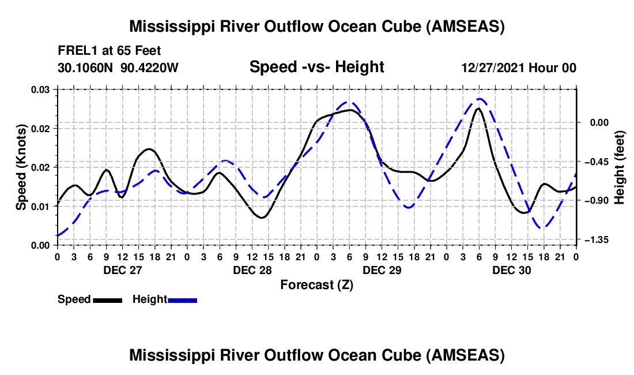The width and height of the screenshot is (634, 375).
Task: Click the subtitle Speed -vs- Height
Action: coord(316,67)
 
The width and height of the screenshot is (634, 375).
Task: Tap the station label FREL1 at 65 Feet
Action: coord(110,51)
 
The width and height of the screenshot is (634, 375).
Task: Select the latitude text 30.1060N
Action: coord(86,68)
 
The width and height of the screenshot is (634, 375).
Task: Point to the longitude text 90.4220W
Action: coord(150,68)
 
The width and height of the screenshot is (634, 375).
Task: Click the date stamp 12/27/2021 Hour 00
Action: coord(519,68)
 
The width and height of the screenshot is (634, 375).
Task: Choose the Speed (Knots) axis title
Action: coord(21,167)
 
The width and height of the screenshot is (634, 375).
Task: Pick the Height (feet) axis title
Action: coord(620,167)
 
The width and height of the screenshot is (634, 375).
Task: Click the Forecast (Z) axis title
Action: coord(316,285)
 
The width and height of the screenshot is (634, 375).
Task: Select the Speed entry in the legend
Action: coord(74,299)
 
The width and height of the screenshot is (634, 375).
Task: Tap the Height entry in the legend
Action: coord(150,299)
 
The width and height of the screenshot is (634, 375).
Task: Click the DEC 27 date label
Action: coord(122,270)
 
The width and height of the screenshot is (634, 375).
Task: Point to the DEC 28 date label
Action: coord(252,270)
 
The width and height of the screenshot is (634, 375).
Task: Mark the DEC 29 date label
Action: coord(382,270)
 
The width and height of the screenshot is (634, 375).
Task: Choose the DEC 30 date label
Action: coord(512,270)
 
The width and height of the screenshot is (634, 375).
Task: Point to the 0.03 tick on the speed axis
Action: coord(41,89)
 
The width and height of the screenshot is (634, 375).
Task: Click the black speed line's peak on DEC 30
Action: coord(478,108)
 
